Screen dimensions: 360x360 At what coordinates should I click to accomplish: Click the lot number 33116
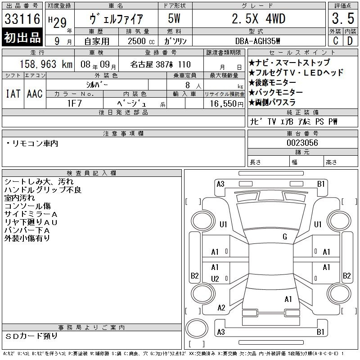tap(22, 19)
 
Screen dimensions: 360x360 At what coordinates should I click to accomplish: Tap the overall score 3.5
tap(343, 18)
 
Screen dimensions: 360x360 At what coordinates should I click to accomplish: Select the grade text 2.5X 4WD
tap(258, 19)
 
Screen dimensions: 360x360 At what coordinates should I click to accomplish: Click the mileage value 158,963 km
tap(46, 64)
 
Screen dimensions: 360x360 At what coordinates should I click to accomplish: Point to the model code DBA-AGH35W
tap(257, 41)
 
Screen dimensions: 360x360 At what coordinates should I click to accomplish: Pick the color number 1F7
tap(75, 103)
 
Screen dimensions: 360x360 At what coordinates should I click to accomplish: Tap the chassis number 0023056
tap(302, 143)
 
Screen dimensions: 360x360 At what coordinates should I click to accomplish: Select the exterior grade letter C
tap(335, 41)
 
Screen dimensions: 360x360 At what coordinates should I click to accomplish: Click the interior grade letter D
tap(350, 41)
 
